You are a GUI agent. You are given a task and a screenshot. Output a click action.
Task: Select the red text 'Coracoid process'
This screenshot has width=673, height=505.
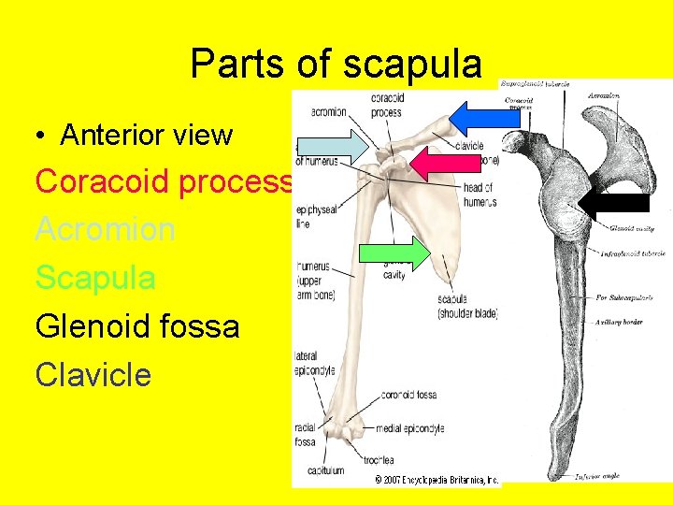pyautogui.click(x=164, y=180)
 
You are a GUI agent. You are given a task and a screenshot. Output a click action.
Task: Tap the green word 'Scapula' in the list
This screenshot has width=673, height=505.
pyautogui.click(x=95, y=278)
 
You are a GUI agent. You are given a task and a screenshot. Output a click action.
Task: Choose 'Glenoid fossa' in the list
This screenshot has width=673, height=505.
pyautogui.click(x=137, y=326)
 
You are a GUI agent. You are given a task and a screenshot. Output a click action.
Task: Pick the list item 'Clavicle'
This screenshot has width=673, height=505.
pyautogui.click(x=93, y=375)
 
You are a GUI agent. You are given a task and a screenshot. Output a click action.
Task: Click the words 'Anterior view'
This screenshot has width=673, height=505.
pyautogui.click(x=146, y=135)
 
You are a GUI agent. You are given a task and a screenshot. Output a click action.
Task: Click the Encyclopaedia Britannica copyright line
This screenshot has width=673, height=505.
pyautogui.click(x=437, y=480)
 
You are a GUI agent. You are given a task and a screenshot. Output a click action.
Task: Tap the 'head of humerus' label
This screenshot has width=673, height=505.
pyautogui.click(x=480, y=195)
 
